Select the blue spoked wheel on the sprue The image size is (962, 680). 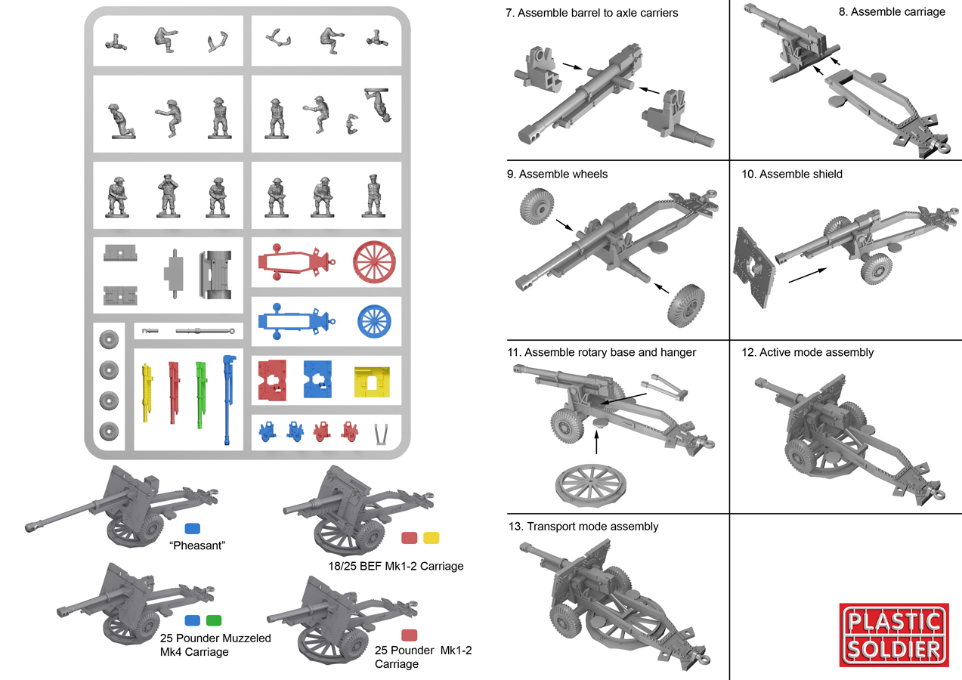pyautogui.click(x=375, y=320)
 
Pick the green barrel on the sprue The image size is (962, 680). pyautogui.click(x=201, y=393)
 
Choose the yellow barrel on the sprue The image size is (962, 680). pyautogui.click(x=147, y=394)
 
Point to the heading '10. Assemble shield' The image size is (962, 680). pyautogui.click(x=792, y=175)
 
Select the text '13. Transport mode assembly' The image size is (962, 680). pyautogui.click(x=583, y=527)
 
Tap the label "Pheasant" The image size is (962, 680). pyautogui.click(x=199, y=546)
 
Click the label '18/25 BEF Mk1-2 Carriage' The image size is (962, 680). pyautogui.click(x=397, y=566)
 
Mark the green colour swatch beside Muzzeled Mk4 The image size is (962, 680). pyautogui.click(x=214, y=620)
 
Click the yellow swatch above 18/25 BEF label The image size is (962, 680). pyautogui.click(x=431, y=538)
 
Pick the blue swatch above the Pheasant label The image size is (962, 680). pyautogui.click(x=193, y=528)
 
